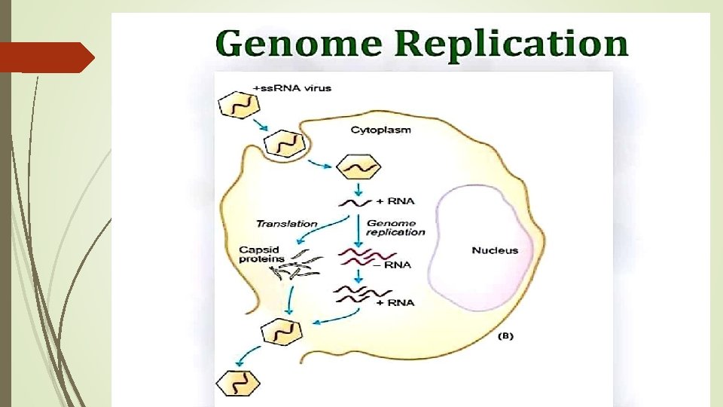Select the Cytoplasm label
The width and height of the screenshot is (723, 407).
381,130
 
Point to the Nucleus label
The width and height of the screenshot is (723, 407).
495,250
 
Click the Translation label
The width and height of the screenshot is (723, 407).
287,224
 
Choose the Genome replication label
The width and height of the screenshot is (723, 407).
395,228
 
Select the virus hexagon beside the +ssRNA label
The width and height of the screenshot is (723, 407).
236,106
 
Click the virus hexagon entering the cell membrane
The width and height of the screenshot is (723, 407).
283,142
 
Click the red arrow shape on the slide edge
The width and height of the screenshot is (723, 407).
45,57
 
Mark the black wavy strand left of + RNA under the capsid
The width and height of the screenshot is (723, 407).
353,202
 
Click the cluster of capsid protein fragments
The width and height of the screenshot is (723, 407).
296,265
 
